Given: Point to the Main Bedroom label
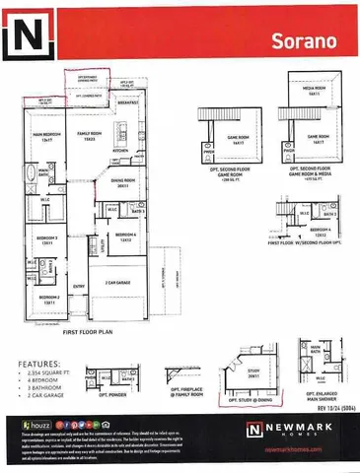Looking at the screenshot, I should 41,137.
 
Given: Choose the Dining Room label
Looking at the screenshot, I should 121,182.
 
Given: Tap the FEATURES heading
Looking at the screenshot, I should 34,364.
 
